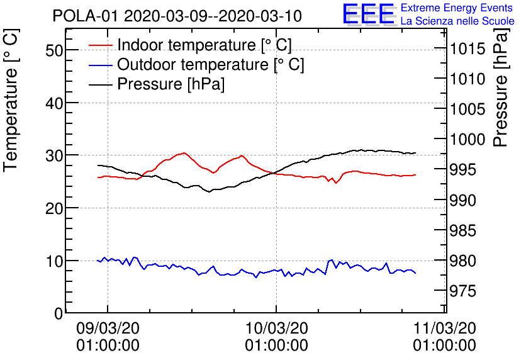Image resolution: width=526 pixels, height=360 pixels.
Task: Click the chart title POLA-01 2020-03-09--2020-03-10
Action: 177,16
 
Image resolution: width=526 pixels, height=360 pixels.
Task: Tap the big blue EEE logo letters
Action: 368,14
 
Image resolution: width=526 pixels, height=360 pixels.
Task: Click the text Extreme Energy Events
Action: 457,8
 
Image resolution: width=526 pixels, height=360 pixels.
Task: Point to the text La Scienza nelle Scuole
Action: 457,21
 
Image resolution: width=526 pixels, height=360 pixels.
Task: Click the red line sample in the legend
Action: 101,45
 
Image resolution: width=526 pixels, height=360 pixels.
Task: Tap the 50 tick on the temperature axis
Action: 55,50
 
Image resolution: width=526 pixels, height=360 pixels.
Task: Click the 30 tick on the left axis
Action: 55,155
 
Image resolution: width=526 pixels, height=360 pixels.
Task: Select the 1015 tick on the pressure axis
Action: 466,49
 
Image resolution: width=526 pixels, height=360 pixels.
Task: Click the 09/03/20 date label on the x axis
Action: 108,328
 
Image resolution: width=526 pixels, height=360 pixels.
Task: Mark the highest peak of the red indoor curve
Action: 184,153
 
